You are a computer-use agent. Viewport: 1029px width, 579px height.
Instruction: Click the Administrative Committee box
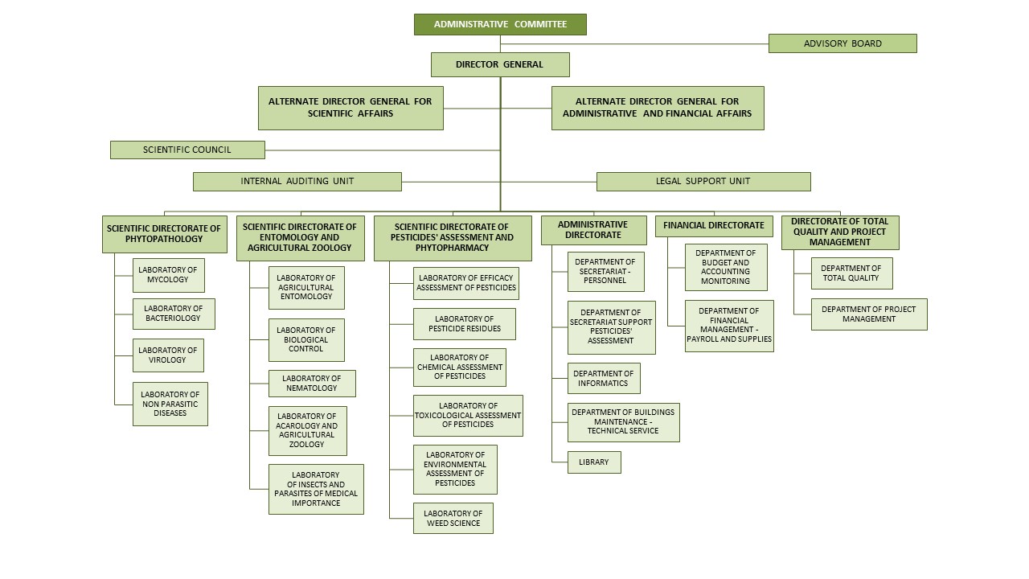(x=500, y=24)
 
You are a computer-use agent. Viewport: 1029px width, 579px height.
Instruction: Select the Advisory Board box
(x=842, y=43)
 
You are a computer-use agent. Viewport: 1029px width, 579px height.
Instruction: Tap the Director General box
(x=500, y=64)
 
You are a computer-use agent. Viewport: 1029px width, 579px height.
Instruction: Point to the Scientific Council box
(x=187, y=150)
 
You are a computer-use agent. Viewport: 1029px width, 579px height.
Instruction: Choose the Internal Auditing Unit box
(x=297, y=182)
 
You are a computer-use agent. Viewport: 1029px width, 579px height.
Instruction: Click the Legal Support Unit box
(x=703, y=182)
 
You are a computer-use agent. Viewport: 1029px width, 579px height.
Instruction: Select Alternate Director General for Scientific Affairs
(x=351, y=108)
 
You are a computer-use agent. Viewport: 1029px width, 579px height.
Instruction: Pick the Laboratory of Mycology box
(x=168, y=275)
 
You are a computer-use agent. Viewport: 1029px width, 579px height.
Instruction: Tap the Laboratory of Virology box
(x=168, y=355)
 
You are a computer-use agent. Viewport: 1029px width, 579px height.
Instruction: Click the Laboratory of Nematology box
(x=312, y=384)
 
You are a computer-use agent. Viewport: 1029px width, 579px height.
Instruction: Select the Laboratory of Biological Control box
(x=306, y=340)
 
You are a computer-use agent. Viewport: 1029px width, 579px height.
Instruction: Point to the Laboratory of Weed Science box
(x=453, y=518)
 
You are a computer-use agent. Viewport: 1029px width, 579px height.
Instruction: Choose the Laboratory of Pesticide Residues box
(x=464, y=324)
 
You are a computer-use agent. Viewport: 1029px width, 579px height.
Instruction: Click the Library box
(x=594, y=462)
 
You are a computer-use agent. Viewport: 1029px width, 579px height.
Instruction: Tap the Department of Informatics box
(x=603, y=379)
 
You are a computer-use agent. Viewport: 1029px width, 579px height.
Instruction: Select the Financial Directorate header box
(x=714, y=226)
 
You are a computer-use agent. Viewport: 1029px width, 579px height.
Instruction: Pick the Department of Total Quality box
(x=851, y=273)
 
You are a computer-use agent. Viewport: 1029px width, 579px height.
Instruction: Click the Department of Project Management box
(x=868, y=314)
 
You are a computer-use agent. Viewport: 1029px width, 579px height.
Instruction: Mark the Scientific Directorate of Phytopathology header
(x=164, y=234)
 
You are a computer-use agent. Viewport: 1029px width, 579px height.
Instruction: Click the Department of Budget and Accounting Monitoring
(x=726, y=267)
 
